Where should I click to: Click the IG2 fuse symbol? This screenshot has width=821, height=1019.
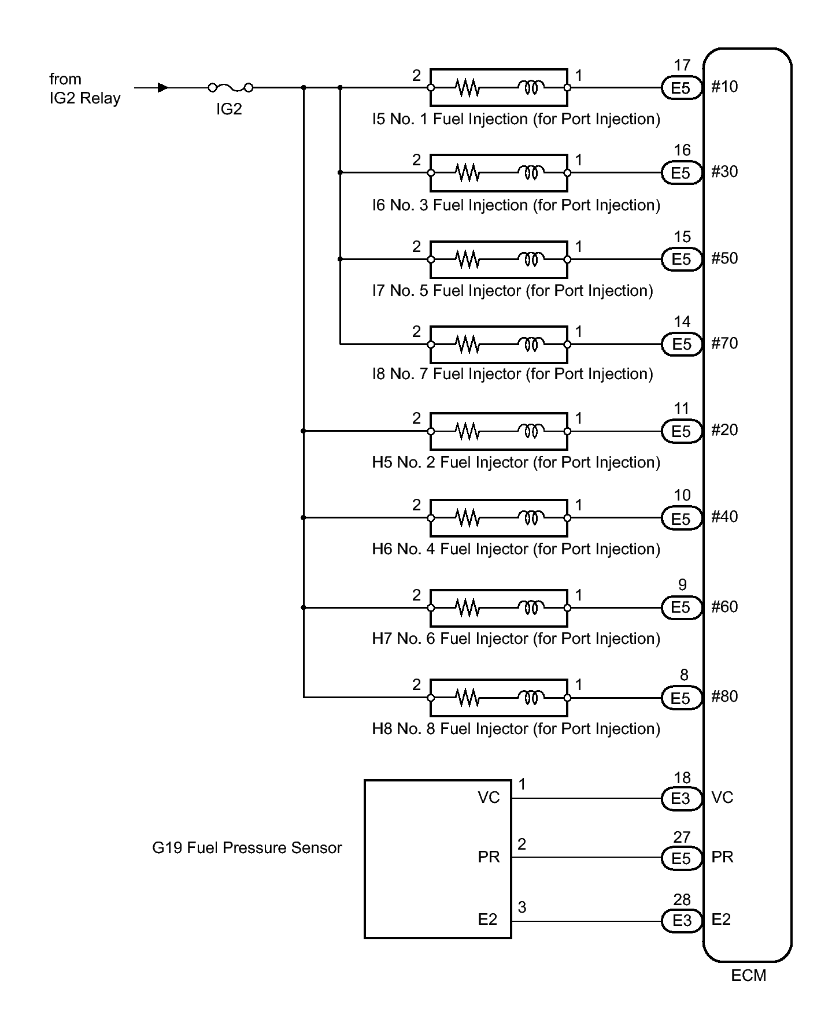230,88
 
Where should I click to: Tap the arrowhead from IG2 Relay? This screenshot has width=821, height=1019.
163,88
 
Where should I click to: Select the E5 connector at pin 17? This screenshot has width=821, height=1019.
681,88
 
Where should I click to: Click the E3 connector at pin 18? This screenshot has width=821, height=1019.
681,799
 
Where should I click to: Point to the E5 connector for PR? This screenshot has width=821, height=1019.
681,858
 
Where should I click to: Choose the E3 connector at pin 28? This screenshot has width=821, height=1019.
681,921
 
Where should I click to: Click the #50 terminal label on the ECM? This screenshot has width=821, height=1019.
724,258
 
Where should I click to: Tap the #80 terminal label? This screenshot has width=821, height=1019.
724,696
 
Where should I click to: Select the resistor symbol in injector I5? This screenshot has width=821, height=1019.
467,88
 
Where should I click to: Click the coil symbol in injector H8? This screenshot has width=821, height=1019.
531,698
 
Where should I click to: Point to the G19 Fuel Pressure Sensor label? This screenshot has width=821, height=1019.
247,848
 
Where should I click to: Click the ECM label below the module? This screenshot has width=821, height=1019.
748,976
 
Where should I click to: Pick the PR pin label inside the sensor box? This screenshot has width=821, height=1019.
489,857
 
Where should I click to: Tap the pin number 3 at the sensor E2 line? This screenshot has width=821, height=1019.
522,907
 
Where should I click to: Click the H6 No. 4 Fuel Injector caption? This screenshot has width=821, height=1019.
516,549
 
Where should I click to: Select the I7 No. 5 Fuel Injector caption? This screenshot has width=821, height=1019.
512,291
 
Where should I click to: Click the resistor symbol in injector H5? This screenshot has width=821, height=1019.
467,431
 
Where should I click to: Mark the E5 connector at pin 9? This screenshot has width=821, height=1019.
681,607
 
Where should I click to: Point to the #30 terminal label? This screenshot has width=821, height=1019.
724,172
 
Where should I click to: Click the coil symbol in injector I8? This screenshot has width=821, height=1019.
531,344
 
